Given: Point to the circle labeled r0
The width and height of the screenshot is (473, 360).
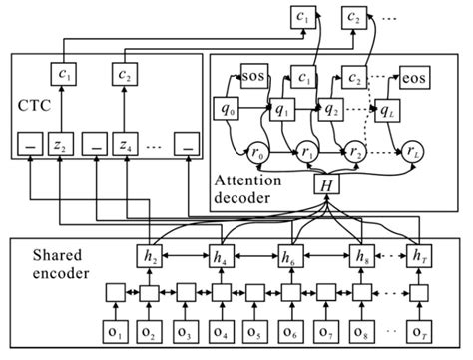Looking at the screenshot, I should (260, 153).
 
